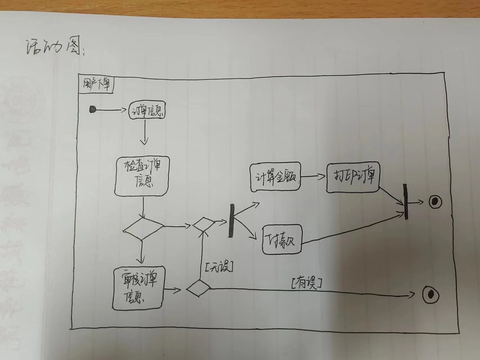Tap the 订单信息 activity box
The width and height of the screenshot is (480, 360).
pos(147,111)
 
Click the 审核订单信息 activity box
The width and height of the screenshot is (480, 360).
pos(138,288)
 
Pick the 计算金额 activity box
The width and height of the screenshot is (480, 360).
pos(275,177)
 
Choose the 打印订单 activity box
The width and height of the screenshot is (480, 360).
pos(353,177)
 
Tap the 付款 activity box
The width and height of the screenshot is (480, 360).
pos(282,240)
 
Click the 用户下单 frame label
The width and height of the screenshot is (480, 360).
pos(96,84)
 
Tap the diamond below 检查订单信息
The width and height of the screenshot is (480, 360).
pos(143,228)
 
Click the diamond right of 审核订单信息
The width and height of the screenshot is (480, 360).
pos(198,288)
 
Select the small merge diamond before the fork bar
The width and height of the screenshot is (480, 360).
pos(203,224)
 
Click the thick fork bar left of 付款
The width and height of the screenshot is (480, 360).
pos(232,221)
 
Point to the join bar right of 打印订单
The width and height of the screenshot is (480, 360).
pos(405,201)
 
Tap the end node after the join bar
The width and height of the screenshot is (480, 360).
pos(435,202)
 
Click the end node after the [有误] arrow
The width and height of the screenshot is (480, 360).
pos(430,295)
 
